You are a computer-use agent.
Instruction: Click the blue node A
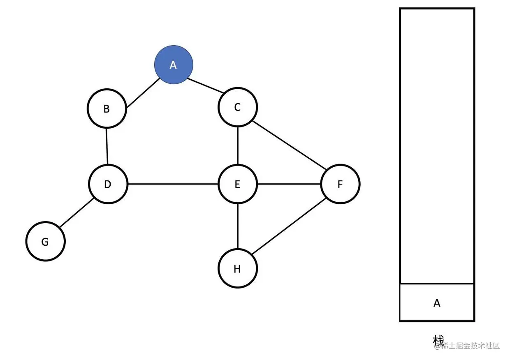[174, 65]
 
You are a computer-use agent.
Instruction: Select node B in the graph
[107, 109]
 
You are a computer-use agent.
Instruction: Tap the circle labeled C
[237, 107]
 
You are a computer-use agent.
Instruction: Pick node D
[108, 184]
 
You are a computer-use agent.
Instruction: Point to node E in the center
[237, 184]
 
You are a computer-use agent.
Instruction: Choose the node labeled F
[340, 184]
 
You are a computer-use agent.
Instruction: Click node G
[45, 242]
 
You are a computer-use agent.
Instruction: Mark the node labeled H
[237, 269]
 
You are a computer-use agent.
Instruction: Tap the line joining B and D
[107, 146]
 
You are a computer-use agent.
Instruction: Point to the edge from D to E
[173, 184]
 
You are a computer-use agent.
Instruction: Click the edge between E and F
[289, 184]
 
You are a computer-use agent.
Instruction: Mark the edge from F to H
[289, 226]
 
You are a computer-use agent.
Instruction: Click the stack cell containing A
[437, 303]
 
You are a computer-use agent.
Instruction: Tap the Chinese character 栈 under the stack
[438, 340]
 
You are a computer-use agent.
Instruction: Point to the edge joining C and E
[238, 145]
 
